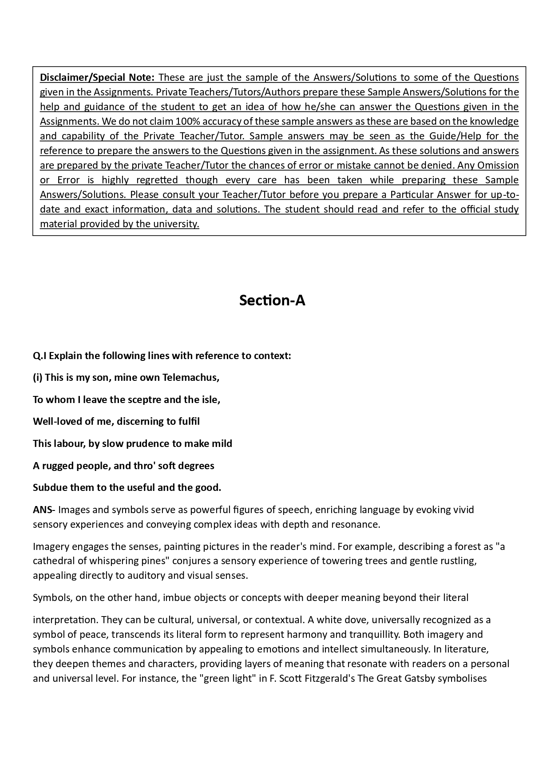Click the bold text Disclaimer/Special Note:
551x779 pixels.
[x=97, y=77]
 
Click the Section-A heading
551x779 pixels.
[x=272, y=301]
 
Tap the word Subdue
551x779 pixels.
[x=48, y=487]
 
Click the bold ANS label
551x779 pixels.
[x=42, y=510]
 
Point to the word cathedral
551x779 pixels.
[x=54, y=561]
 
